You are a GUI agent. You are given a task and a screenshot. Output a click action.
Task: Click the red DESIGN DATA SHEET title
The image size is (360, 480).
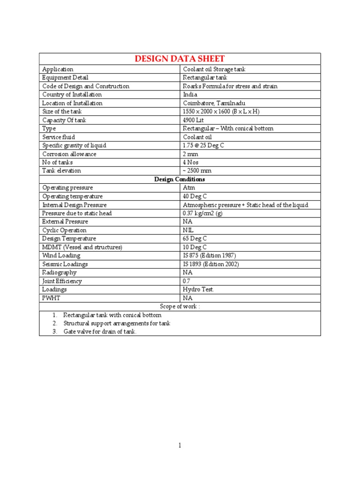coord(180,59)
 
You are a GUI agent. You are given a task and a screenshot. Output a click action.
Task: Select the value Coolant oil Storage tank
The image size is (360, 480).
coord(214,69)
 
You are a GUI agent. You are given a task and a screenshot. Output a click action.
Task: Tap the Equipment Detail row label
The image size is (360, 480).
coord(65,78)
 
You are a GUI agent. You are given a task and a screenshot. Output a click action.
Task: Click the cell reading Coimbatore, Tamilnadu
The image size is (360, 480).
coord(214,103)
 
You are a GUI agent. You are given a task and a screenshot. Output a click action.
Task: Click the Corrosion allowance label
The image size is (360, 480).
coord(69,154)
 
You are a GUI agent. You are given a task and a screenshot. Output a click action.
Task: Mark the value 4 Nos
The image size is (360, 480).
coord(191,162)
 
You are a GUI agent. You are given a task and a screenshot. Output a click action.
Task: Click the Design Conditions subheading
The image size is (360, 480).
coord(180,179)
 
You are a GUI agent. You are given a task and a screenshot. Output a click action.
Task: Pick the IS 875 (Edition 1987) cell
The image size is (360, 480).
coord(209,255)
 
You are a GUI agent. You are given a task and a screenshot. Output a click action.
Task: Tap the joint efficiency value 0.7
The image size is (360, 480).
coord(187,281)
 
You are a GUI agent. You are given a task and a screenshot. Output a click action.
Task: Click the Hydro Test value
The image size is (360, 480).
coord(198,290)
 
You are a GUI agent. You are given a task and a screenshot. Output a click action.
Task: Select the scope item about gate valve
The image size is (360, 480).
coord(100,332)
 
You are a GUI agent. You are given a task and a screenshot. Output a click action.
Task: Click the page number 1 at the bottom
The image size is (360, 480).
coord(180,446)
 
